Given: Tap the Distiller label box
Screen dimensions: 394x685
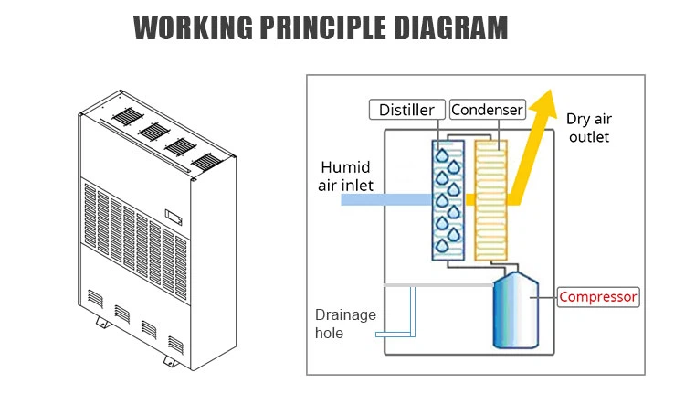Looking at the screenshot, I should [x=407, y=110].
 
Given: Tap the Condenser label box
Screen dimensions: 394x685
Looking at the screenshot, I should [x=487, y=110].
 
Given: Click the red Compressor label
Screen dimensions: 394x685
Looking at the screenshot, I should [x=598, y=296].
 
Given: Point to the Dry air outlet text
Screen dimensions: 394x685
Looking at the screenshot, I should [x=588, y=128].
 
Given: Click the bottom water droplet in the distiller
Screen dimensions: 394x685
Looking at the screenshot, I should [x=443, y=245].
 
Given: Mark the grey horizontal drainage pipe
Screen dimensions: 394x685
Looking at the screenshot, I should [x=438, y=284].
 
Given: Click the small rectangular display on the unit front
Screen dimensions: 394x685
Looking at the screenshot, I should [x=174, y=218].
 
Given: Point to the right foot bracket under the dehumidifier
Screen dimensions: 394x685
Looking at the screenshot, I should [x=171, y=360].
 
